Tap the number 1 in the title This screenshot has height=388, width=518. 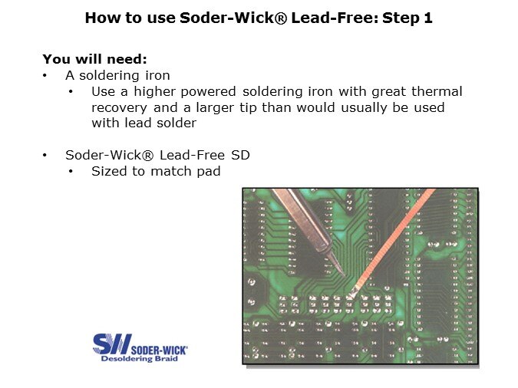(x=428, y=18)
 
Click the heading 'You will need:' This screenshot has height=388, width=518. (x=94, y=59)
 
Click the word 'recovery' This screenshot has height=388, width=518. (x=119, y=108)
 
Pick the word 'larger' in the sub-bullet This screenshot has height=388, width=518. (x=215, y=108)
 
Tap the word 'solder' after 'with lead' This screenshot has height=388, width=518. (x=177, y=123)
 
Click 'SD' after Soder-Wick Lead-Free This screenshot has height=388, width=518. (x=240, y=155)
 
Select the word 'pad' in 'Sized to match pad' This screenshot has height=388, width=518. (x=209, y=172)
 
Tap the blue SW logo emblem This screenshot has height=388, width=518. (x=112, y=344)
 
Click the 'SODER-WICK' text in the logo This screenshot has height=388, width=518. (x=159, y=350)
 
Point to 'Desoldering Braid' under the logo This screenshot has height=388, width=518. (x=139, y=359)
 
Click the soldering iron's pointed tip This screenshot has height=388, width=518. (x=345, y=275)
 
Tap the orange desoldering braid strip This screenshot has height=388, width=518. (x=393, y=241)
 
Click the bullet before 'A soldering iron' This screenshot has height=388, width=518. (x=45, y=76)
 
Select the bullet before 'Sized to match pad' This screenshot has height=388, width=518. (x=71, y=172)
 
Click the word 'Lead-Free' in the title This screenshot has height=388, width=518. (x=335, y=18)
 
